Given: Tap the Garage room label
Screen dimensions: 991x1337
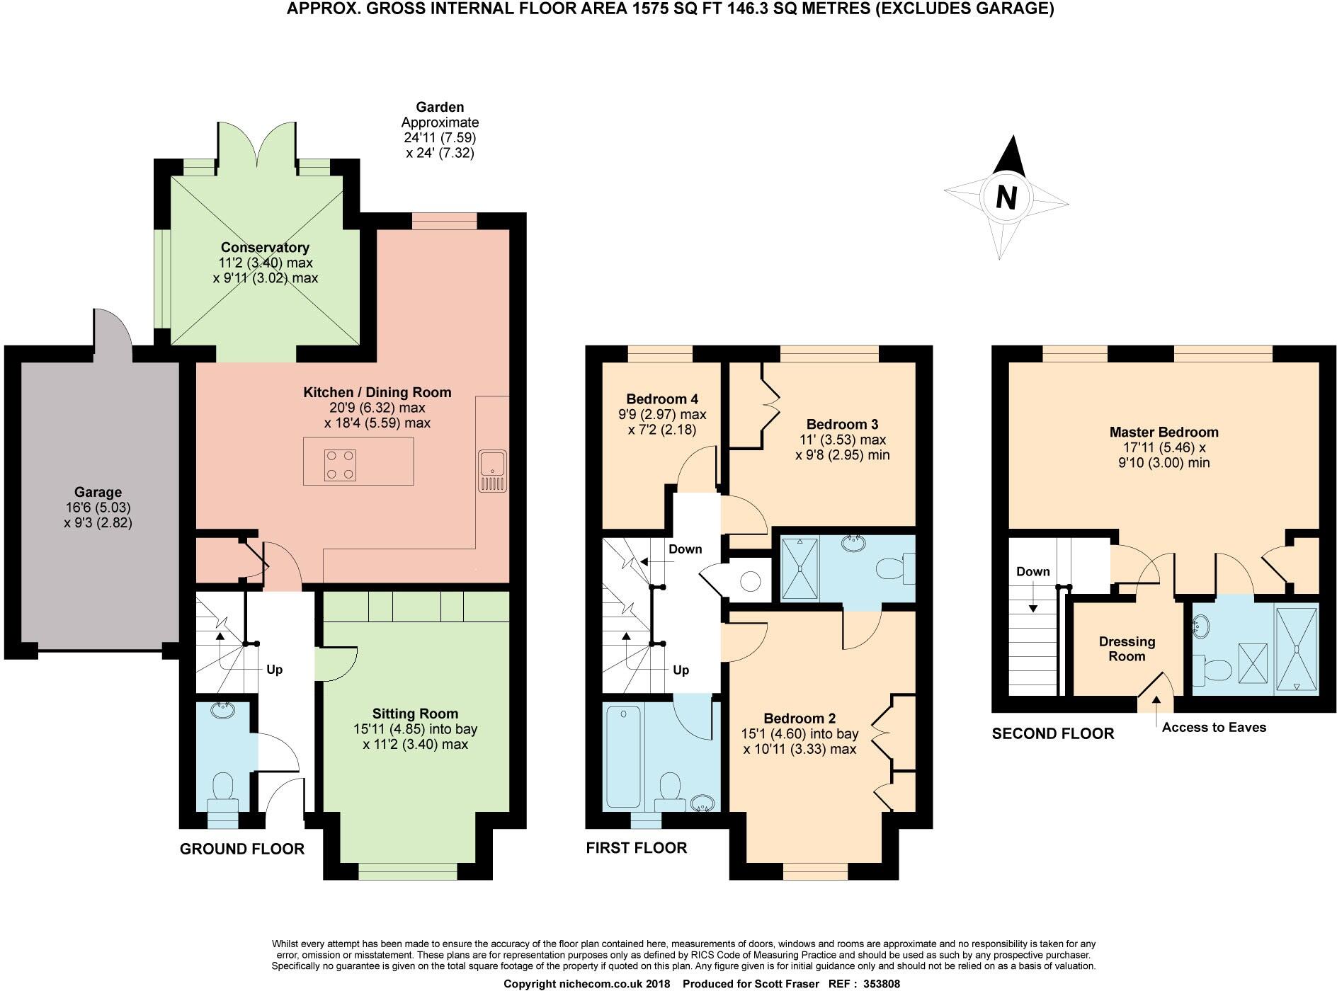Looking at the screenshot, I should (98, 492).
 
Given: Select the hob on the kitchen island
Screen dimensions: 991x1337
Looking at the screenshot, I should (339, 465).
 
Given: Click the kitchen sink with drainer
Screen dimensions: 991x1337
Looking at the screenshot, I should (491, 470).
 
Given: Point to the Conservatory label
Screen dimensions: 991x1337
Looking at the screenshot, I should (265, 248).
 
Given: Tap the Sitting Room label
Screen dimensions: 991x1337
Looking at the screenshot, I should (415, 714).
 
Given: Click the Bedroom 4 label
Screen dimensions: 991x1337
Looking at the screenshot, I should (662, 399).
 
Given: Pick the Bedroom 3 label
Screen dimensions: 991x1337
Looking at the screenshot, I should (842, 425).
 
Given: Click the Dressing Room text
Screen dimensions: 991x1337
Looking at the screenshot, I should (1127, 648).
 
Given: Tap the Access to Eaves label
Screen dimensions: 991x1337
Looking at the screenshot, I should (1213, 727).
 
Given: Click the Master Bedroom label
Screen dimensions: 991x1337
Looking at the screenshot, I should (1164, 433).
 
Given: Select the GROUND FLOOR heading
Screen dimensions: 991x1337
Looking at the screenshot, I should (241, 849).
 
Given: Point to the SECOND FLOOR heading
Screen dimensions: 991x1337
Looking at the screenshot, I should (1052, 733).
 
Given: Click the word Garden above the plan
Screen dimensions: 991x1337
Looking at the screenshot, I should (440, 107).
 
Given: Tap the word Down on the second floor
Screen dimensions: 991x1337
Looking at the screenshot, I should (1032, 571).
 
